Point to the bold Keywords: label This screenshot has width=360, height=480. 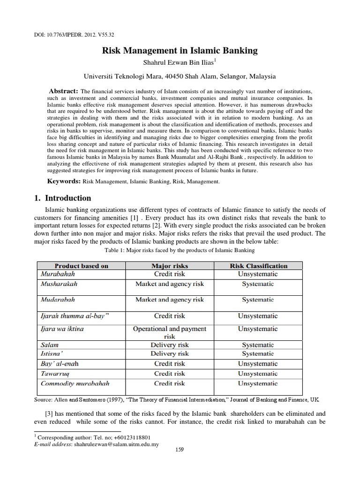(63, 181)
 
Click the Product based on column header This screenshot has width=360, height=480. (81, 266)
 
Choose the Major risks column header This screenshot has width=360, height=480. (169, 266)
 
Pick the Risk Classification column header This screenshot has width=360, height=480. (258, 266)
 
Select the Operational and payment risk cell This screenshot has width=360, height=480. (169, 333)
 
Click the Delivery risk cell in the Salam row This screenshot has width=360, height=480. (169, 345)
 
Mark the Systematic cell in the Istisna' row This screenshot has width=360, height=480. (258, 354)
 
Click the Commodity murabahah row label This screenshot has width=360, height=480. (75, 383)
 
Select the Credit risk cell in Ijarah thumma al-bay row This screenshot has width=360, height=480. (169, 316)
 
